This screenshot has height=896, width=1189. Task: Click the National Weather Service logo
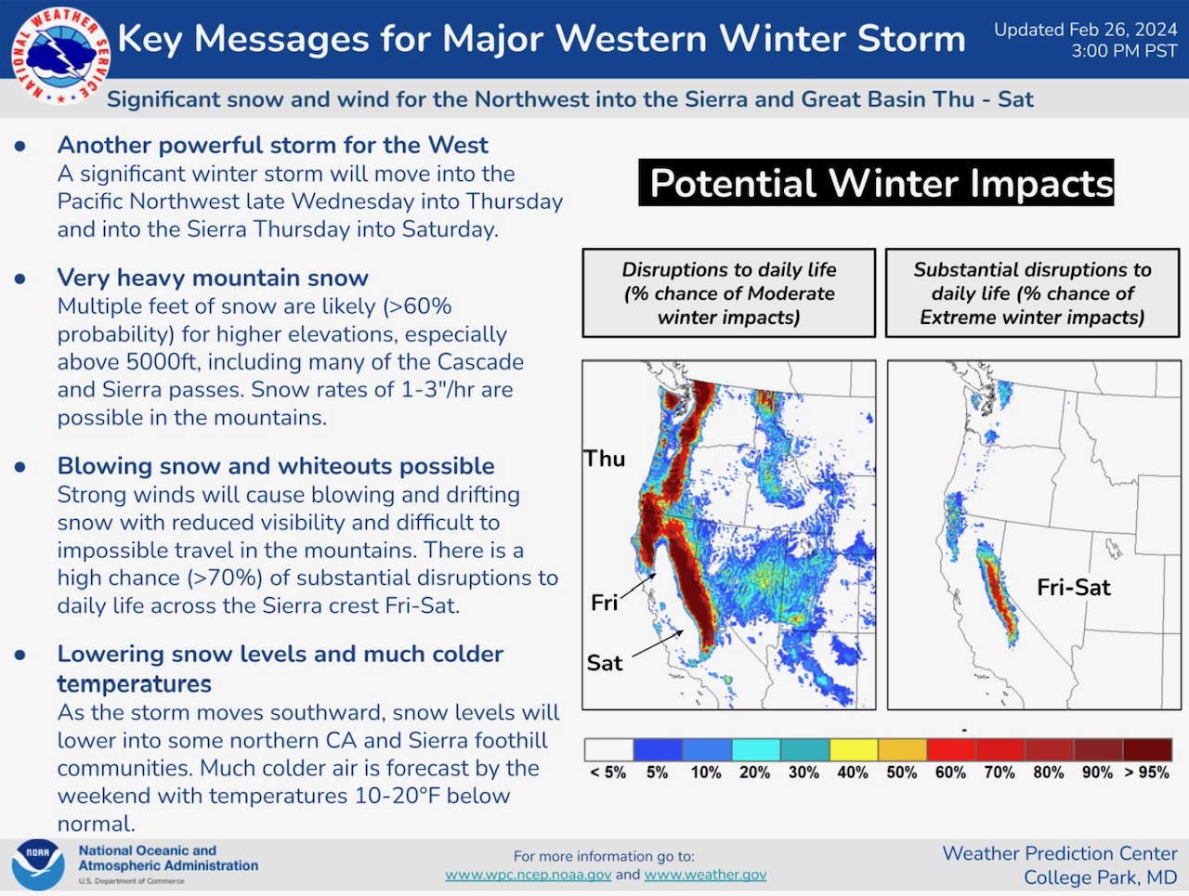point(59,56)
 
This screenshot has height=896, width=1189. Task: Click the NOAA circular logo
point(38,864)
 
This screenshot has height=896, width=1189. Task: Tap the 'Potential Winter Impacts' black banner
point(876,182)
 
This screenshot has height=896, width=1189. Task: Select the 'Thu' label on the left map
point(605,459)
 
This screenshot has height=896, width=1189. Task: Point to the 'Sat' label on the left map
point(605,663)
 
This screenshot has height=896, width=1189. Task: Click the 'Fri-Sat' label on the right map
point(1073,588)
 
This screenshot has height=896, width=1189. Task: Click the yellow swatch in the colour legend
point(854,750)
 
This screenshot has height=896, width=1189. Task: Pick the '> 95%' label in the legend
point(1147,773)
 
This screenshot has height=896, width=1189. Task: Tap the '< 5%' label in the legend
point(608,773)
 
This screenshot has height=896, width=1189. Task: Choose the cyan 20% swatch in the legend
point(755,750)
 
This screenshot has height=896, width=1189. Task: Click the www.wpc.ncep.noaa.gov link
point(529,875)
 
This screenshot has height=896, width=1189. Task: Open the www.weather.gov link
point(705,875)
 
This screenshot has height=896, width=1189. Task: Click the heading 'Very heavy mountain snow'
point(213,278)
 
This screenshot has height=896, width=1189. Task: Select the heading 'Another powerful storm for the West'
point(273,145)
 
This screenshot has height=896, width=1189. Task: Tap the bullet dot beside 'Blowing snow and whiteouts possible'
point(20,467)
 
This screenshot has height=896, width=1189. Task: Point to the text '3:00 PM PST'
point(1124,51)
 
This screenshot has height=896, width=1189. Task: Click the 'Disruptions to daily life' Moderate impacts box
point(728,292)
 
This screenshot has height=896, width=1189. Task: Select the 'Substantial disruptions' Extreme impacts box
point(1032,292)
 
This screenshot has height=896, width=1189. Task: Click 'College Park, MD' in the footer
point(1100,877)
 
